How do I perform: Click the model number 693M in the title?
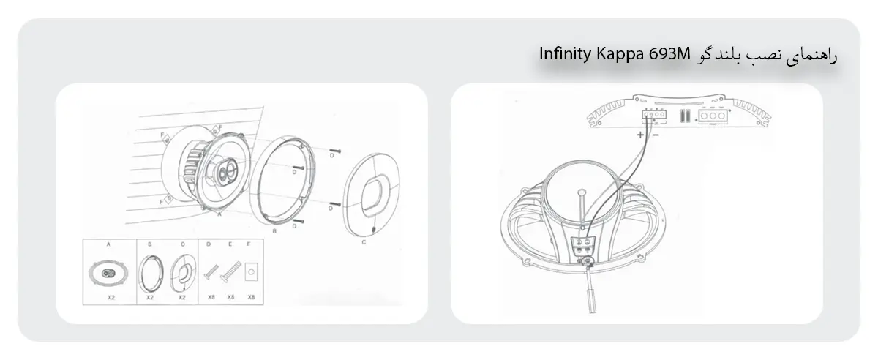point(668,54)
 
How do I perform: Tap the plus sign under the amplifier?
point(640,135)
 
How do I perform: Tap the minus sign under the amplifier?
point(654,135)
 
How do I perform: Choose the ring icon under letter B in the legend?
point(150,274)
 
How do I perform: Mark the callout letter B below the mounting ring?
point(274,231)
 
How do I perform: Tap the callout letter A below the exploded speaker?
point(219,216)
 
